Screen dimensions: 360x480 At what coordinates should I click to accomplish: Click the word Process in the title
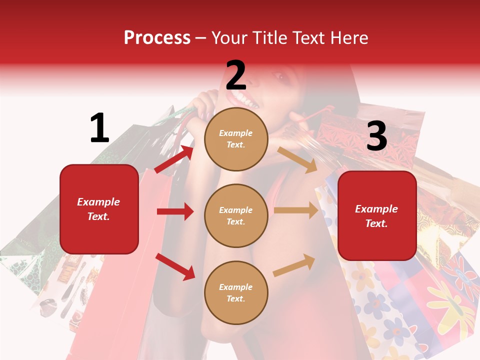tap(157, 38)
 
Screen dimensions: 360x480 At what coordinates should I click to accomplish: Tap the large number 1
tap(99, 128)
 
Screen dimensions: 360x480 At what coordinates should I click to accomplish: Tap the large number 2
tap(236, 75)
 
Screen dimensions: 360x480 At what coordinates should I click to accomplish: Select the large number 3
tap(376, 136)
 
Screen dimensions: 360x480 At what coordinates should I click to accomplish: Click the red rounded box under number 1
tap(99, 209)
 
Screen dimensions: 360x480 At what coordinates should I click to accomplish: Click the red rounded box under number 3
tap(377, 215)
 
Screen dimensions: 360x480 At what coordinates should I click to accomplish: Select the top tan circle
tap(236, 138)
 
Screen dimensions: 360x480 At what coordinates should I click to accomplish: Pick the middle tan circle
tap(236, 215)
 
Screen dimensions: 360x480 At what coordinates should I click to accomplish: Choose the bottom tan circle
tap(236, 292)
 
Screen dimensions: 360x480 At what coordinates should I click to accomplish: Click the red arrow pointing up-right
tap(174, 159)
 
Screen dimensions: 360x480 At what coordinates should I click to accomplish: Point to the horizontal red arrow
tap(175, 211)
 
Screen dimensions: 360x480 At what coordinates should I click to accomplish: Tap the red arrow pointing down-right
tap(175, 266)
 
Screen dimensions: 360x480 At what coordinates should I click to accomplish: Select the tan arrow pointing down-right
tap(297, 159)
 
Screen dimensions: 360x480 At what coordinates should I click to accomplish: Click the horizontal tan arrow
tap(296, 210)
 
